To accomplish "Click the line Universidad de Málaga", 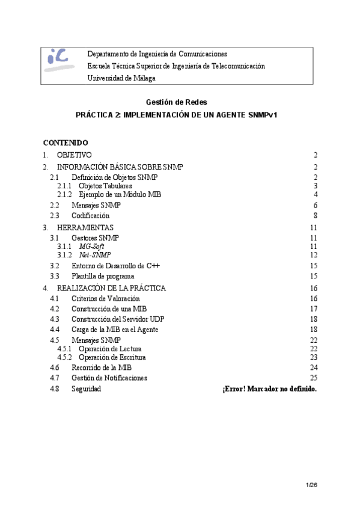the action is (121, 78).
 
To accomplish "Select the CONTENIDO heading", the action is (66, 143).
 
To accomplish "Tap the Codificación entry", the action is (90, 215).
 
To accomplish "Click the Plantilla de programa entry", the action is (103, 276).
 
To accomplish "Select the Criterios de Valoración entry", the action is (105, 298).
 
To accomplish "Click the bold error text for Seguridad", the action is (269, 389).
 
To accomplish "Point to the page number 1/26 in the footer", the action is (311, 485).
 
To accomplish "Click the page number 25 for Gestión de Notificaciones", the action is (313, 378).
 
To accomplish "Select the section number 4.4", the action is (55, 329).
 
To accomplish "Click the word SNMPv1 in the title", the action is (263, 114).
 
